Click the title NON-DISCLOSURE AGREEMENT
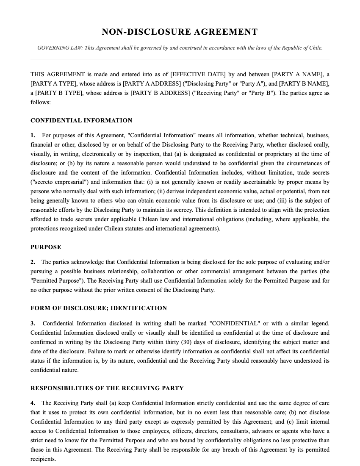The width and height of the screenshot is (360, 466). click(x=180, y=32)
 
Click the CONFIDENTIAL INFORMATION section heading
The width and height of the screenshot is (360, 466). click(x=81, y=120)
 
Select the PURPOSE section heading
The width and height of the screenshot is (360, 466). click(x=46, y=247)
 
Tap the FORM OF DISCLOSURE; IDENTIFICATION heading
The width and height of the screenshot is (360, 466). click(x=99, y=308)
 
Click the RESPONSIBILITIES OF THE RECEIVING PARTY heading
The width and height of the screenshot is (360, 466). click(x=107, y=388)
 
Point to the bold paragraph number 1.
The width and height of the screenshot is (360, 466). click(x=33, y=136)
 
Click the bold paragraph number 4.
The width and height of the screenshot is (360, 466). click(x=33, y=403)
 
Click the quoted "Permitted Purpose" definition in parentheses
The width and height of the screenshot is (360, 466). click(x=55, y=281)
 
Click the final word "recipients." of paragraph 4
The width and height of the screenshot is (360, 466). click(x=43, y=459)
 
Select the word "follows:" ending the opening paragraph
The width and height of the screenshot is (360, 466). click(x=41, y=102)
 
